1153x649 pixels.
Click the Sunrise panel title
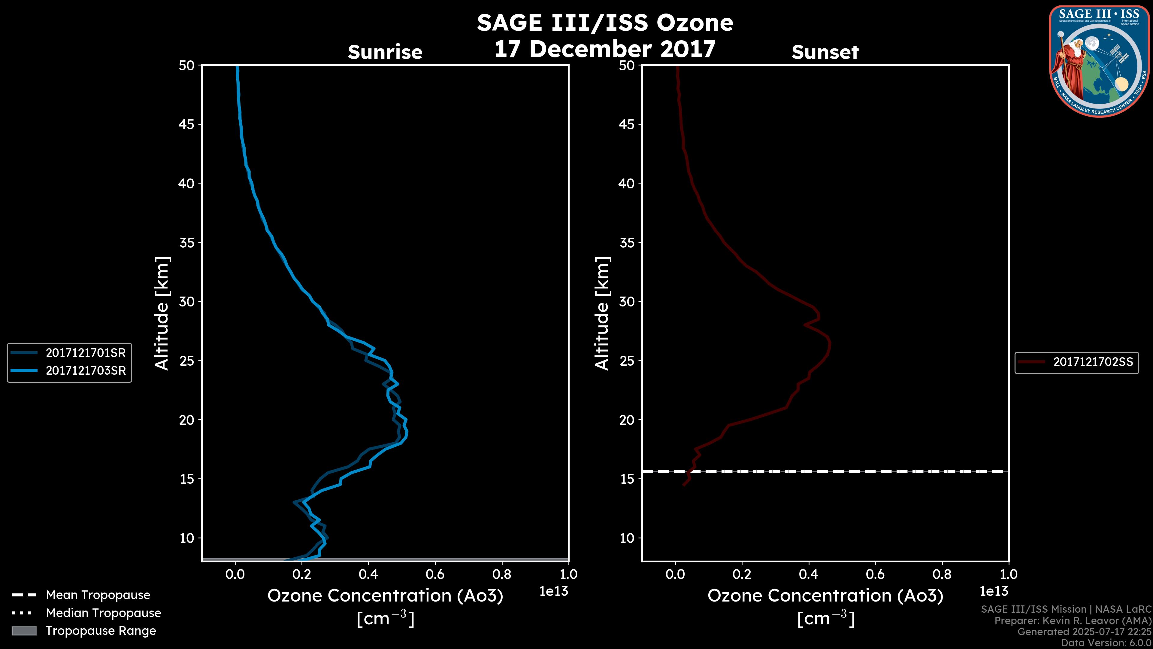click(385, 52)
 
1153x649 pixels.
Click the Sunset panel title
click(825, 52)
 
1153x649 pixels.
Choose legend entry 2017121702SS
click(1093, 362)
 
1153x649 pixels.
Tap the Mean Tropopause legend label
click(98, 595)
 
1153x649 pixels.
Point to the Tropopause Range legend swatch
click(24, 631)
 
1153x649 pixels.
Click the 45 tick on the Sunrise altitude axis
click(187, 124)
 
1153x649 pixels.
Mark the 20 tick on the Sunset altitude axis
click(627, 420)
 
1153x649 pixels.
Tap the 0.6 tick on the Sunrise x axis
click(435, 574)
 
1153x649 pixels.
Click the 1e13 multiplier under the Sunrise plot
click(554, 591)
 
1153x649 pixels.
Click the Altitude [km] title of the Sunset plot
click(602, 313)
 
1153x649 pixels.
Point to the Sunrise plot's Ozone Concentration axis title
click(385, 596)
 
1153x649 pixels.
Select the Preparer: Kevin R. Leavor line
click(1073, 621)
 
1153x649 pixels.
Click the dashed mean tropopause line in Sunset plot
click(850, 471)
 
